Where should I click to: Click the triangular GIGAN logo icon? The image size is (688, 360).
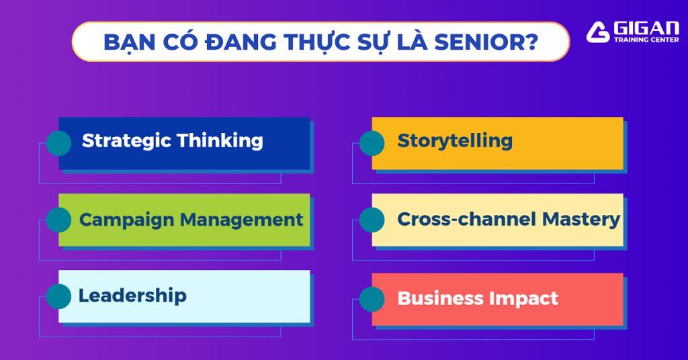click(597, 32)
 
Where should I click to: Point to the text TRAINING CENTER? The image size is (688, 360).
click(646, 40)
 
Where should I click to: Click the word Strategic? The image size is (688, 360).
click(126, 141)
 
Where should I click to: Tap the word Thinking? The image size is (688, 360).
click(220, 141)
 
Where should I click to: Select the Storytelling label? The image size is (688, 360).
click(455, 141)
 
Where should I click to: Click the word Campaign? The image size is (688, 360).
click(126, 220)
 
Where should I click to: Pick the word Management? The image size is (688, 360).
click(241, 220)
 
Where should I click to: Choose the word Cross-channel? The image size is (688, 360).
click(466, 219)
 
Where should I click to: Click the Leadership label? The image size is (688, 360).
click(132, 296)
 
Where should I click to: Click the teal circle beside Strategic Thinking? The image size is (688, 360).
click(59, 143)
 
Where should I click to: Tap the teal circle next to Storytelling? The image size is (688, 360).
click(372, 143)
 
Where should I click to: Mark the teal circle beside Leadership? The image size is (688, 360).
click(59, 296)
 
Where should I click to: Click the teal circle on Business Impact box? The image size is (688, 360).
click(372, 300)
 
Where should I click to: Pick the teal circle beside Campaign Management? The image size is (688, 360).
click(59, 220)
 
